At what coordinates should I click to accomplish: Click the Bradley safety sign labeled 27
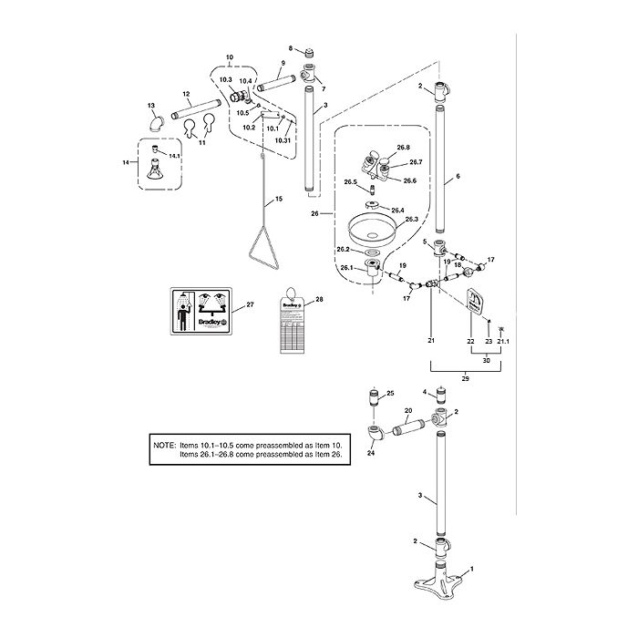coord(201,312)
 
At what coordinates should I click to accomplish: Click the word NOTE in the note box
coord(164,446)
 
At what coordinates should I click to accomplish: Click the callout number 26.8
coord(402,147)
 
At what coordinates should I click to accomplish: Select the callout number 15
coord(279,198)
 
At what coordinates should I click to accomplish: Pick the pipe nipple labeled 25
coord(372,397)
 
